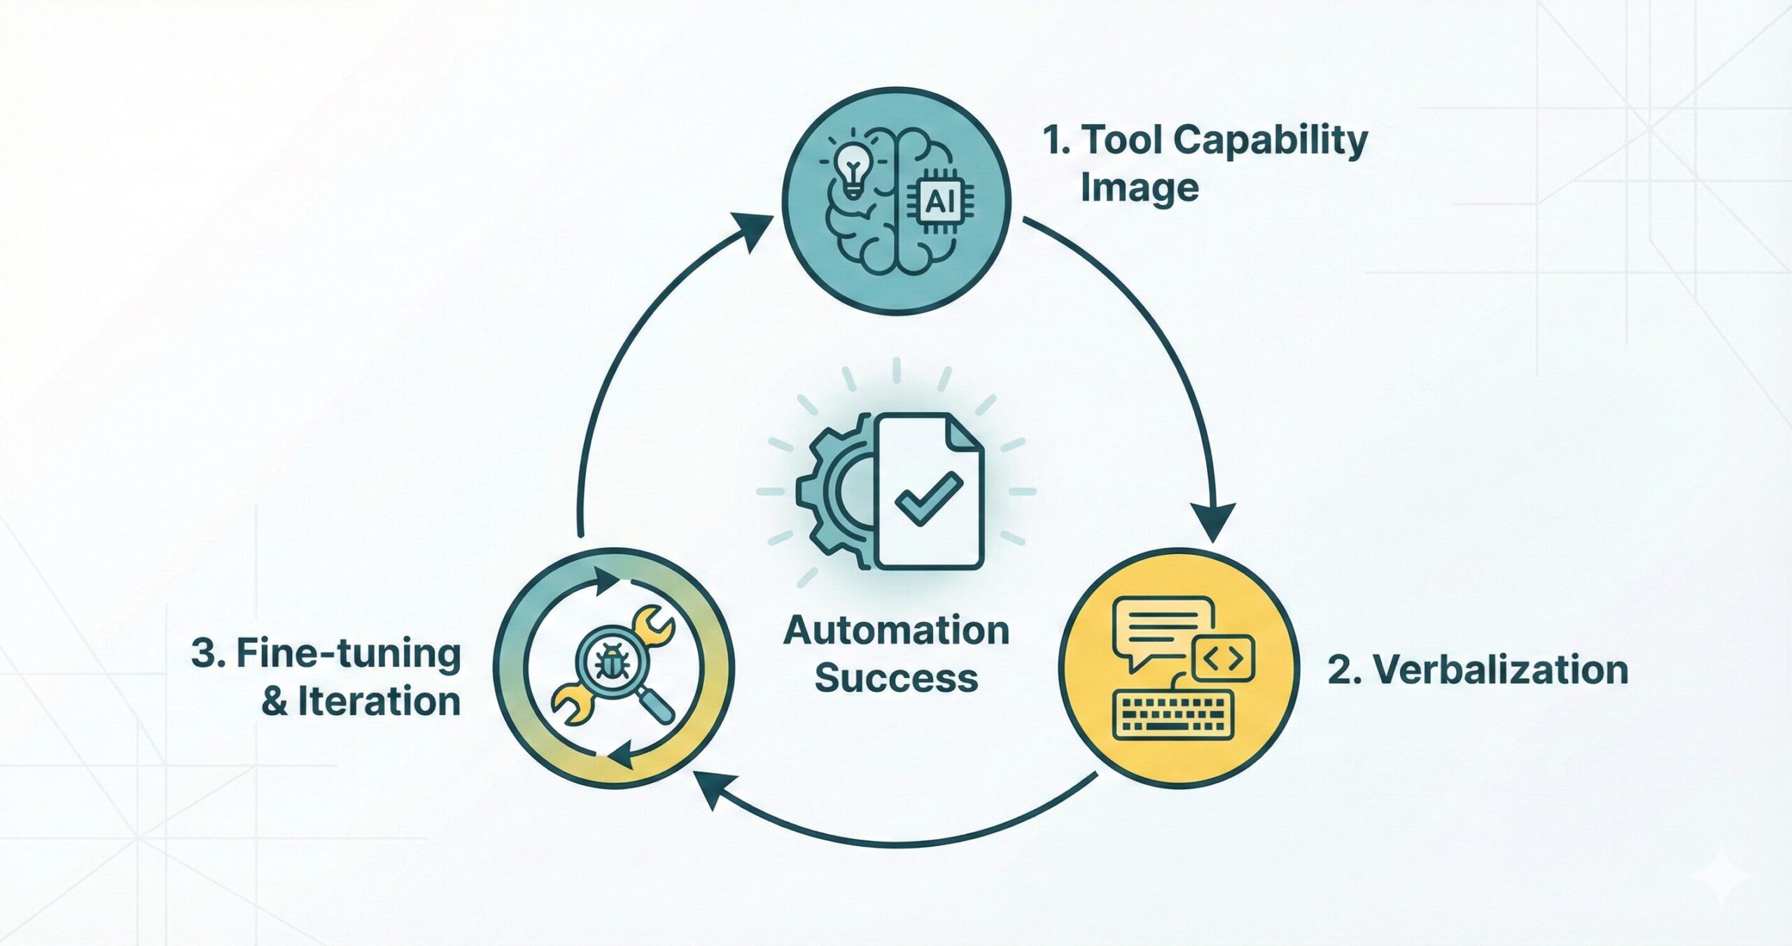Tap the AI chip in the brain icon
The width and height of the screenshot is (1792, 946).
(x=940, y=202)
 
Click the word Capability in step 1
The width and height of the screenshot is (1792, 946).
(x=1270, y=141)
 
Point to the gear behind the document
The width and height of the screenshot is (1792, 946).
(x=829, y=490)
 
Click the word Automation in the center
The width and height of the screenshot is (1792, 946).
(x=896, y=631)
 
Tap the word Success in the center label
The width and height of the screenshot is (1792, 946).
(x=896, y=679)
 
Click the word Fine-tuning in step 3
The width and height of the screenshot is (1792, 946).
(x=349, y=654)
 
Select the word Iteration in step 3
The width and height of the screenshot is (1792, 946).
(x=379, y=702)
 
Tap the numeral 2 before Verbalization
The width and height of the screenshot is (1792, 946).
(x=1340, y=670)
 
